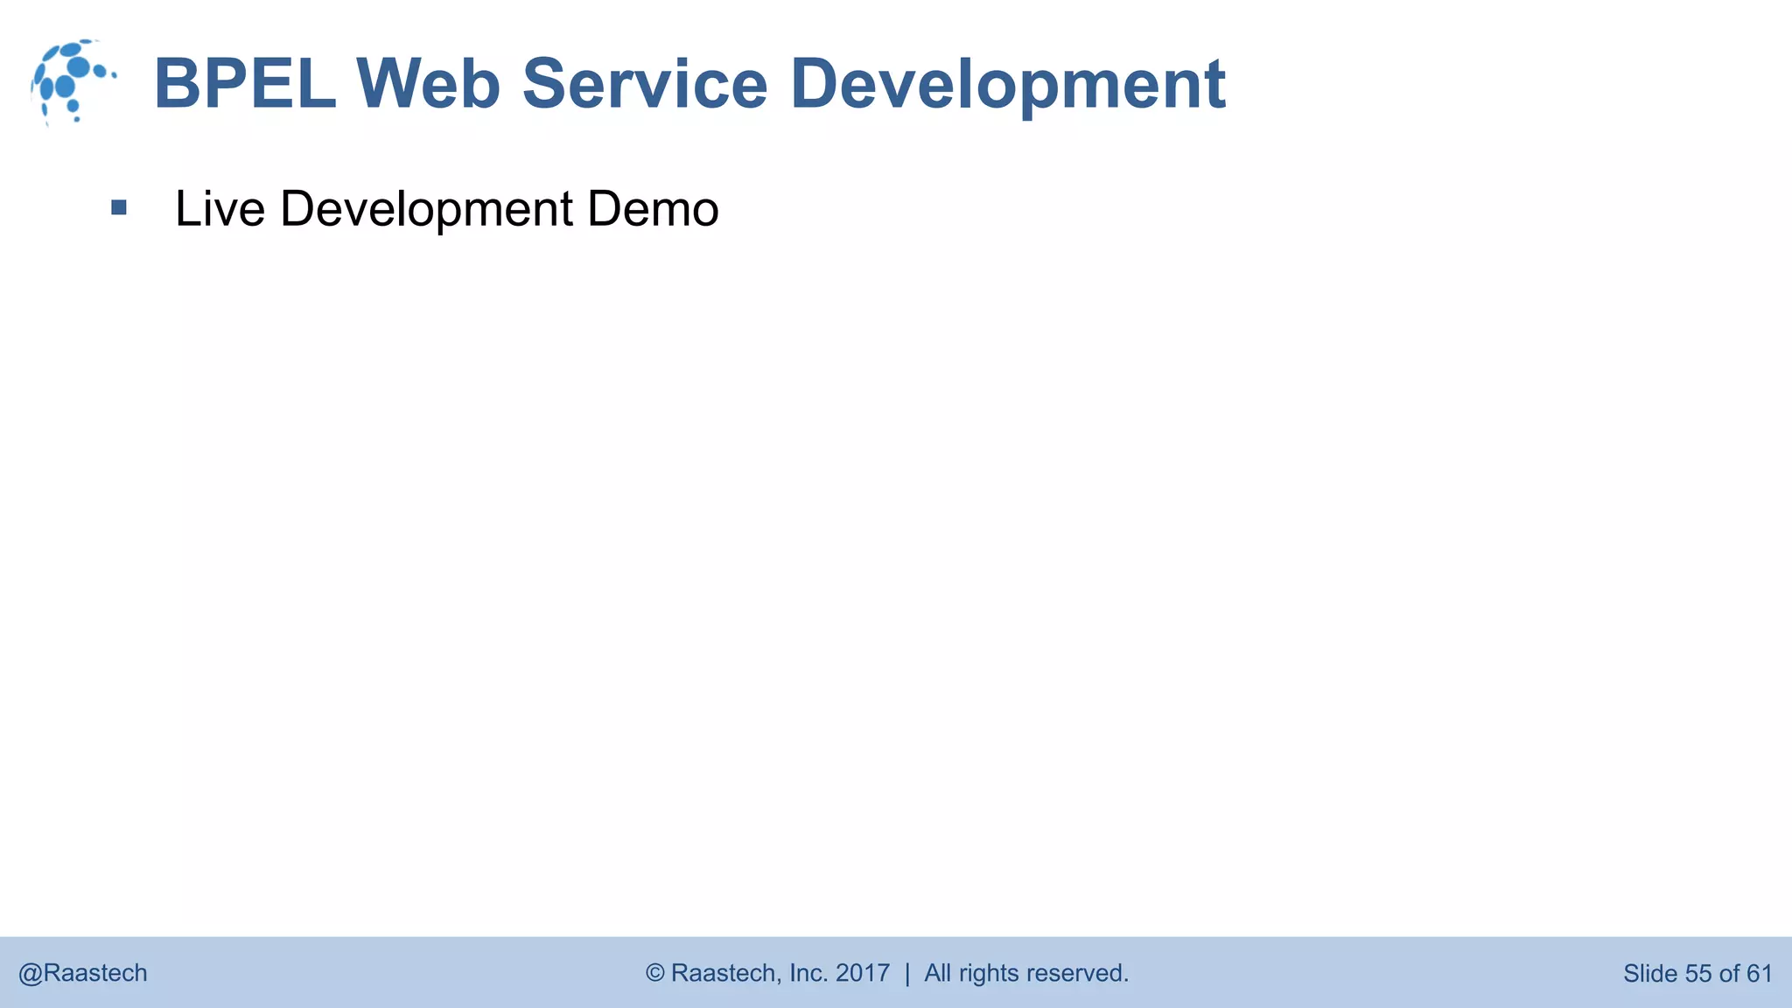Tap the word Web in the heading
point(428,84)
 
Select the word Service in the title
point(645,84)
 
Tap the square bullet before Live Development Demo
point(119,208)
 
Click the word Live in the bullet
point(220,209)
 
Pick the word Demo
point(653,209)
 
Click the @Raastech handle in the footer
point(83,973)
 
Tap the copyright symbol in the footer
point(654,973)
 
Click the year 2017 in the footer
point(863,973)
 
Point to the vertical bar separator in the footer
point(907,973)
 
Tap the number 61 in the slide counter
point(1760,973)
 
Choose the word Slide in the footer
point(1650,973)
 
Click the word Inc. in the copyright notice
point(808,973)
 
